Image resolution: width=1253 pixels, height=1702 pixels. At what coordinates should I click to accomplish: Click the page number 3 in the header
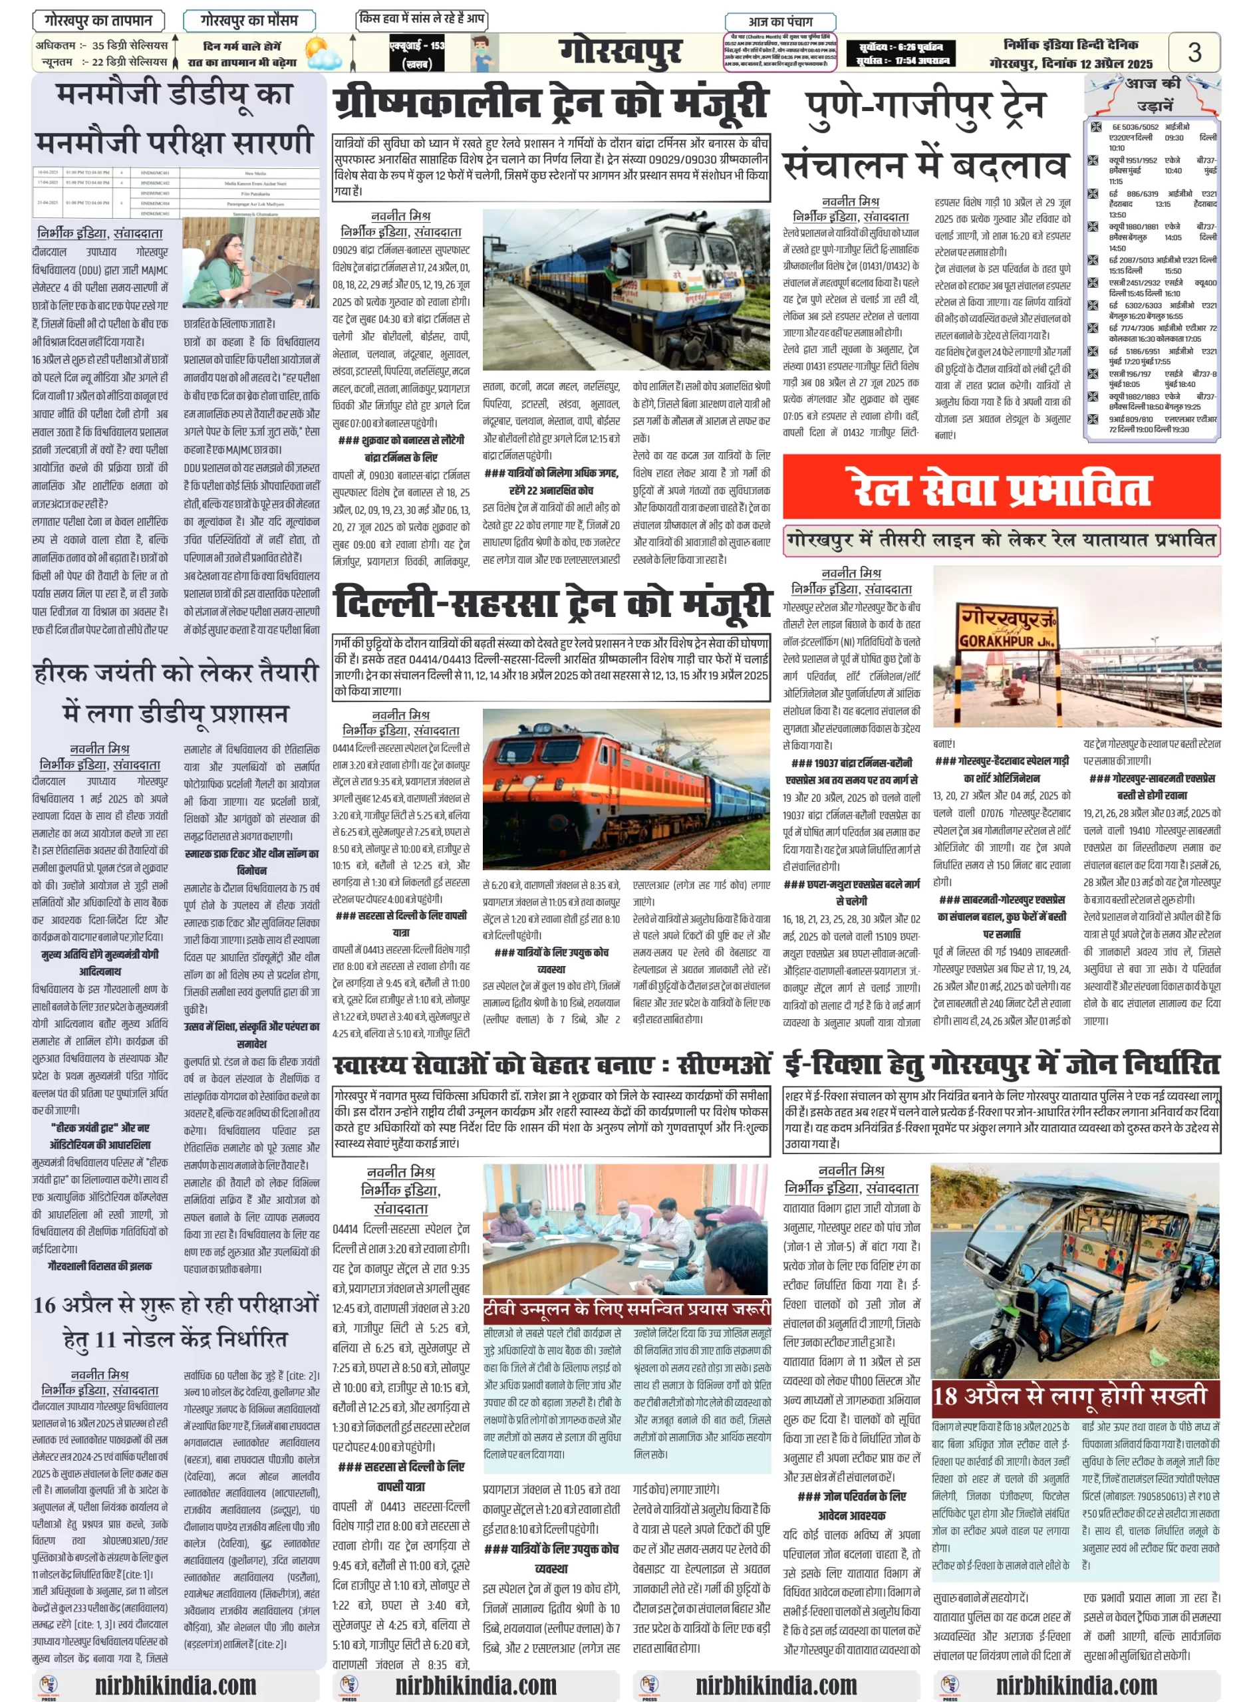[x=1194, y=52]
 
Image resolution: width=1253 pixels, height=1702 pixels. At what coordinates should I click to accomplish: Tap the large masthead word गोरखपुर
[x=620, y=52]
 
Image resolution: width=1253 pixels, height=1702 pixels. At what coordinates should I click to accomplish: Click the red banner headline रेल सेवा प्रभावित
[x=1000, y=489]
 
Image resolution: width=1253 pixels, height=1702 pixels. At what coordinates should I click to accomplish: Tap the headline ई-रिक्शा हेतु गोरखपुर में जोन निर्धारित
[x=1001, y=1064]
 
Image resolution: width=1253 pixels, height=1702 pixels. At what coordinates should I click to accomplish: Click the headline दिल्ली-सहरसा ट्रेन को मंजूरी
[x=551, y=604]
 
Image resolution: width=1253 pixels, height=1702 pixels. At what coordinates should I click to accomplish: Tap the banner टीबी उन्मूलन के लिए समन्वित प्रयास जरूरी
[x=626, y=1308]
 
